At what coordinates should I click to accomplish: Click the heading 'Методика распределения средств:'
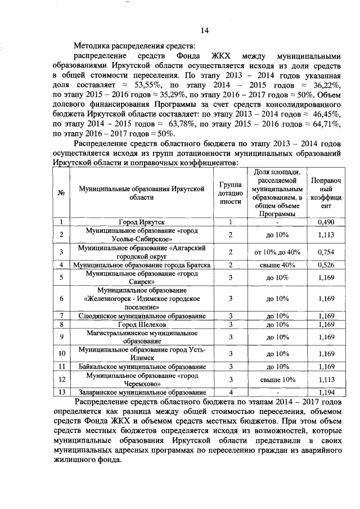[x=135, y=45]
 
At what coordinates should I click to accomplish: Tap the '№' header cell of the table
[x=60, y=192]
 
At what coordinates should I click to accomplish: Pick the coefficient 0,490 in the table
[x=326, y=223]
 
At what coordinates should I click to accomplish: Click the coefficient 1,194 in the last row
[x=326, y=393]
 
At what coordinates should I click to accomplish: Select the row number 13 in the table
[x=60, y=393]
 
